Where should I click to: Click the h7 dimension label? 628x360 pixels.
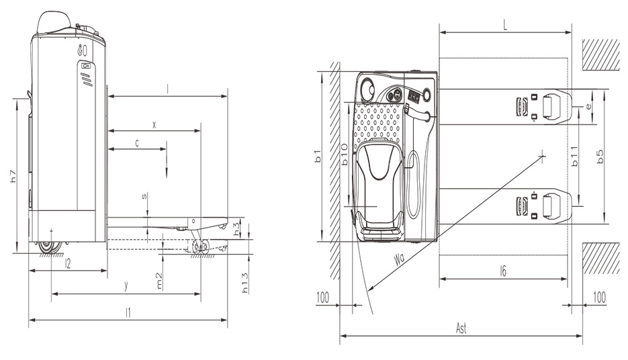(13, 176)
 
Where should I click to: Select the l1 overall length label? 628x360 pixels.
(128, 313)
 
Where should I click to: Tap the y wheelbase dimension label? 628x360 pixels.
(126, 285)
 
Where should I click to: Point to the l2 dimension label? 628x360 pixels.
(68, 263)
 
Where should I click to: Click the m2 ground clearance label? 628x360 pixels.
(159, 281)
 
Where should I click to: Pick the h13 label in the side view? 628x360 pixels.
(245, 282)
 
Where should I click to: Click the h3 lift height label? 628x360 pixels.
(237, 228)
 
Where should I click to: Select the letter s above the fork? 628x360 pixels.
(144, 196)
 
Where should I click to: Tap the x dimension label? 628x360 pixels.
(154, 125)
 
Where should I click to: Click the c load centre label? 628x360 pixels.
(137, 143)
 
